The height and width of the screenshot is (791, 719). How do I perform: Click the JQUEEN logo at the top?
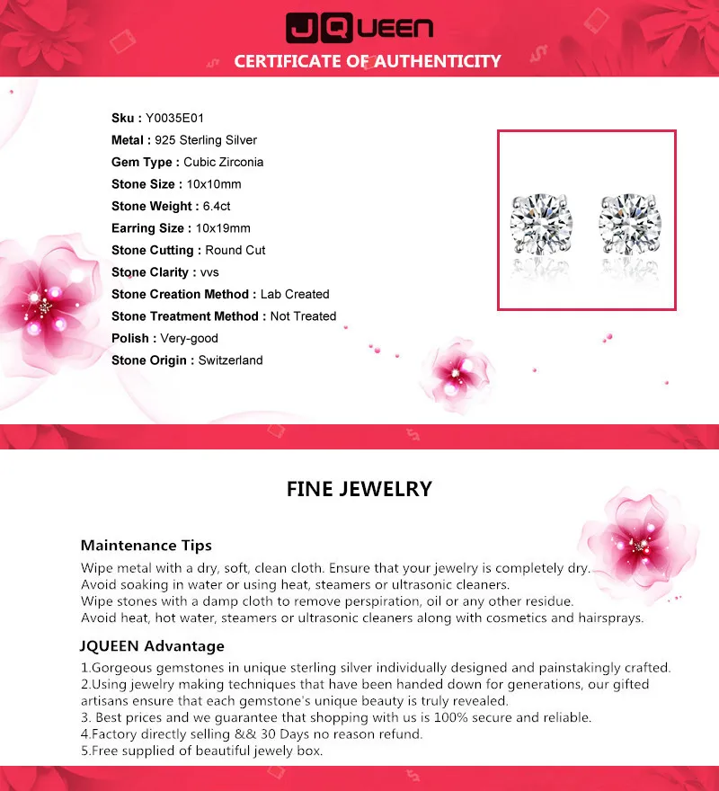359,28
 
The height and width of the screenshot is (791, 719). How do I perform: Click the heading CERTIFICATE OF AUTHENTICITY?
367,61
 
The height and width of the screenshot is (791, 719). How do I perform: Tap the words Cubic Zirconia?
224,162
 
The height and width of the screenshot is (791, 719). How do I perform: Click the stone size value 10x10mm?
214,184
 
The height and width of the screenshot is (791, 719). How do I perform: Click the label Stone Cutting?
152,250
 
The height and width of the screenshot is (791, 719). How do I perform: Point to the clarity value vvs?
209,272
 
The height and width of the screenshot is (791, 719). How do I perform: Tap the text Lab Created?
295,294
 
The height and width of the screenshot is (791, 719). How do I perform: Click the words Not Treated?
303,316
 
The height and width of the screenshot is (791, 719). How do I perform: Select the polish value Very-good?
190,338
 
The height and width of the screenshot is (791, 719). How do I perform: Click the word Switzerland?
231,360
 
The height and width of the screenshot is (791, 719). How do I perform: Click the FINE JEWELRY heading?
359,489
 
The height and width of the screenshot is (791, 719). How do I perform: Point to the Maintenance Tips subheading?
146,546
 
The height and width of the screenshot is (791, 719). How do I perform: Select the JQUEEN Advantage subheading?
153,646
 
